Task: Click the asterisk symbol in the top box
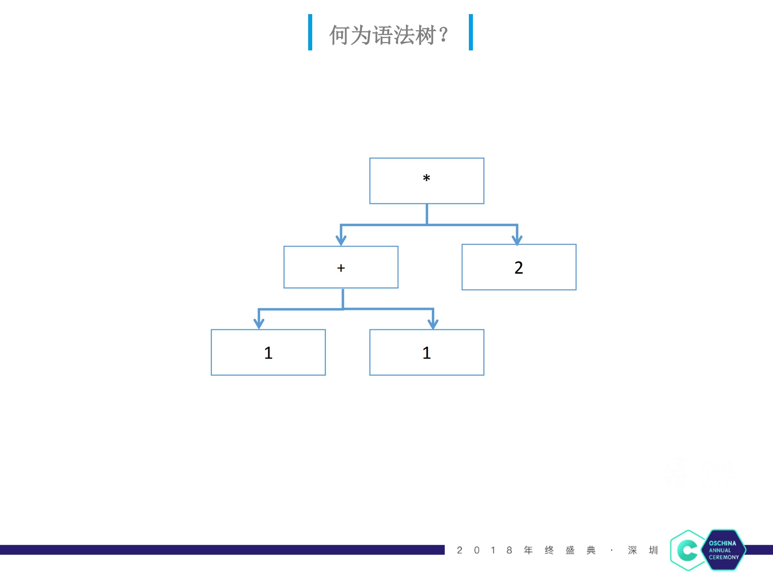pos(427,178)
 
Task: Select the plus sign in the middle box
pos(341,268)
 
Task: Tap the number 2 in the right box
pos(518,268)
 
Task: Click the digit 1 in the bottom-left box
pos(268,353)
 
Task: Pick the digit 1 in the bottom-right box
pos(427,353)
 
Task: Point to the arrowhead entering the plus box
pos(341,240)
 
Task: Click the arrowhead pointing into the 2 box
pos(517,239)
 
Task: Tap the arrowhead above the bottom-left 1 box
pos(259,323)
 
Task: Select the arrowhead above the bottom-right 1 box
pos(433,323)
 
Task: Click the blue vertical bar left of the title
pos(310,32)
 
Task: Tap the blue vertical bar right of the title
pos(470,32)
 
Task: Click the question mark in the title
pos(443,35)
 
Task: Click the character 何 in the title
pos(340,35)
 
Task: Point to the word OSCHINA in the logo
pos(722,543)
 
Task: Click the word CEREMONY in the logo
pos(724,557)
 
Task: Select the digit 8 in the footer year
pos(509,550)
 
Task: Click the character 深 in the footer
pos(632,550)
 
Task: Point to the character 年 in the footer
pos(528,550)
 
